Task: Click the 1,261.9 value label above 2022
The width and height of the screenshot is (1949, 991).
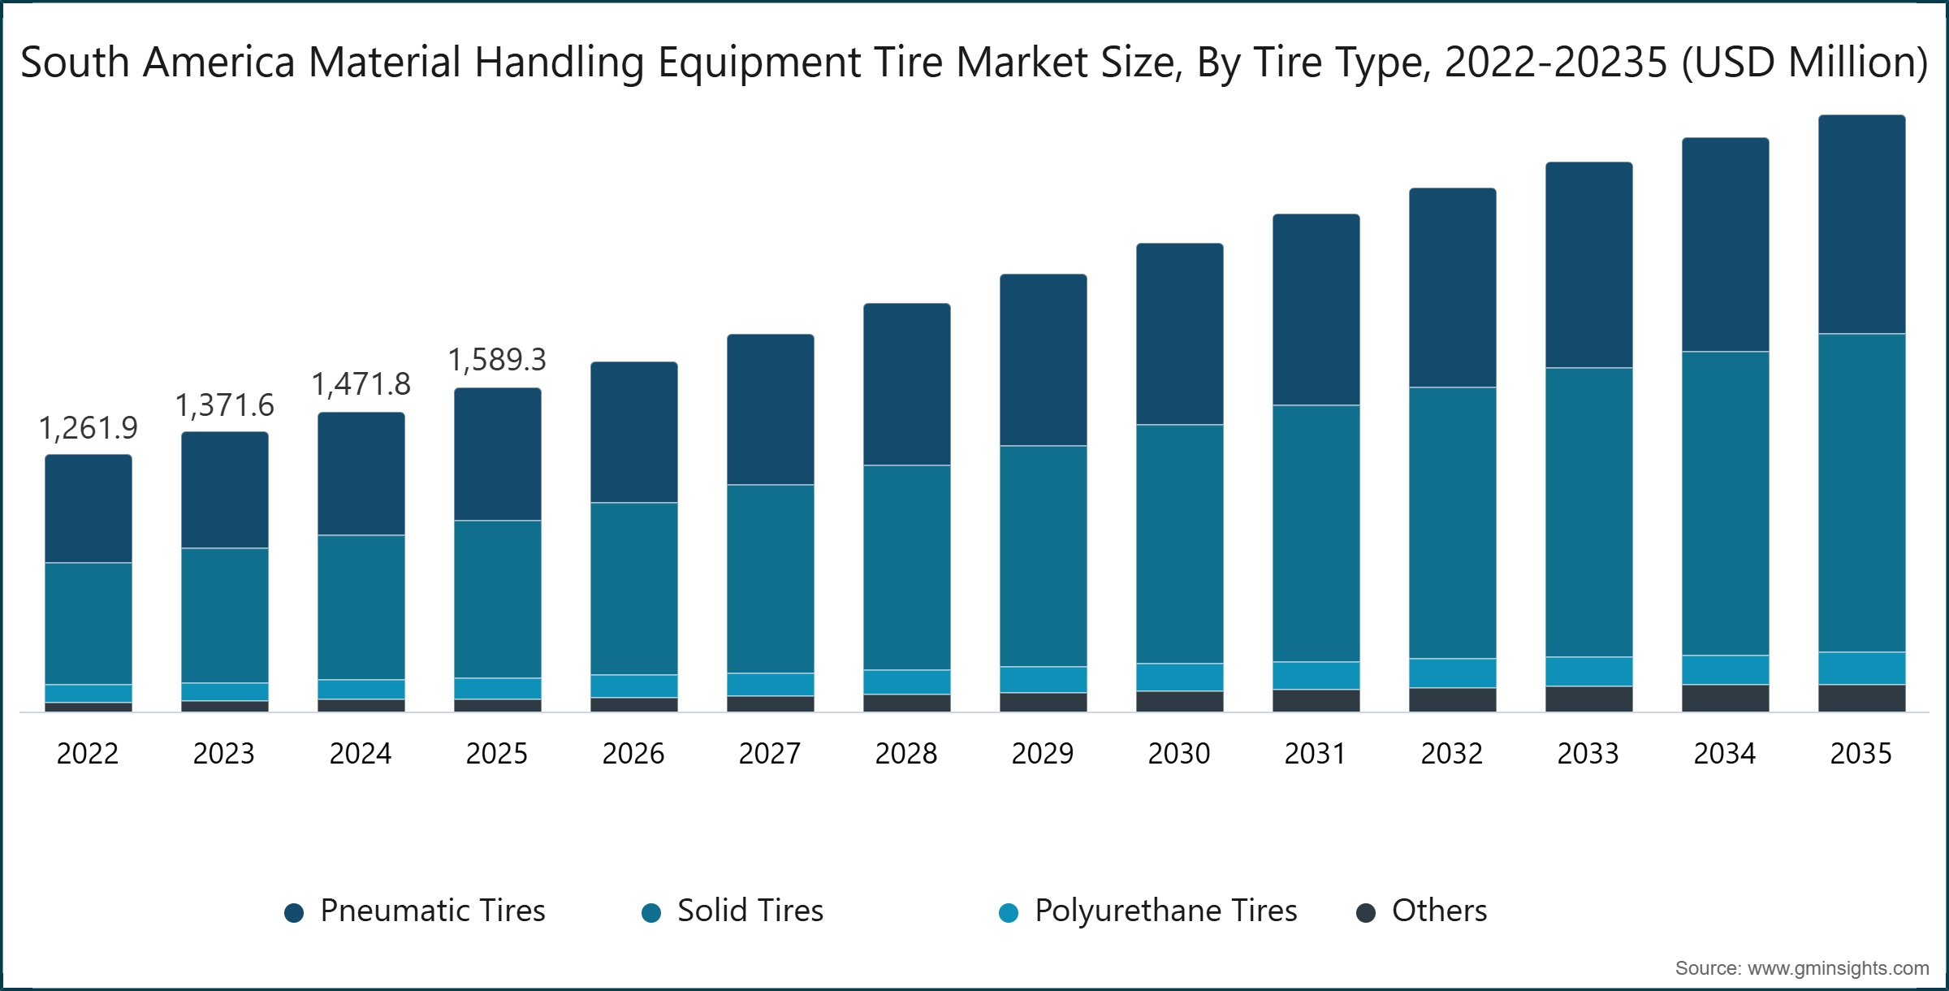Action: click(x=88, y=428)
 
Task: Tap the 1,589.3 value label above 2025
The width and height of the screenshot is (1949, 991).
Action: click(x=497, y=360)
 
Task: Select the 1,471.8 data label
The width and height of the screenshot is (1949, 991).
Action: click(x=361, y=384)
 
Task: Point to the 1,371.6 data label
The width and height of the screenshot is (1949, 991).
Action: click(x=224, y=405)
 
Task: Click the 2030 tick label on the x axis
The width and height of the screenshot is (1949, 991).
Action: click(x=1179, y=754)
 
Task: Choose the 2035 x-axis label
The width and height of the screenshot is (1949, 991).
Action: click(x=1861, y=754)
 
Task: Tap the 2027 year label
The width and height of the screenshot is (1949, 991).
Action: click(x=770, y=754)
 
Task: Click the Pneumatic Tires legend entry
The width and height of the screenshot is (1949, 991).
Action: click(x=432, y=911)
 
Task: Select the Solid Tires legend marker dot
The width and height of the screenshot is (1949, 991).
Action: click(x=651, y=913)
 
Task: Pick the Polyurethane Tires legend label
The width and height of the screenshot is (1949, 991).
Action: click(x=1165, y=911)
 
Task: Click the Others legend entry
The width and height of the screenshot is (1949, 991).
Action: click(x=1439, y=911)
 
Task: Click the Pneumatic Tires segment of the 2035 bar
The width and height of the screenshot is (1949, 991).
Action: click(x=1861, y=224)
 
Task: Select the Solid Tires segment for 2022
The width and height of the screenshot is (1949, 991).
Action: click(x=88, y=623)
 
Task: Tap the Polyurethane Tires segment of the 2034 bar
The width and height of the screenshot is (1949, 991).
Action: click(x=1725, y=669)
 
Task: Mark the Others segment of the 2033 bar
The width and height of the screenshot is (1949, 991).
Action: click(x=1588, y=699)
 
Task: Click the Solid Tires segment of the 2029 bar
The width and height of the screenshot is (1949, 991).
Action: click(x=1043, y=556)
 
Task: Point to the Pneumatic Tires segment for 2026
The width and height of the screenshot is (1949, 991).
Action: click(x=633, y=432)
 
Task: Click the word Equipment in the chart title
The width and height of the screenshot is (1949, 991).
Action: click(x=759, y=63)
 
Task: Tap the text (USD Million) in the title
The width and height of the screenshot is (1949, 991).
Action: click(x=1804, y=63)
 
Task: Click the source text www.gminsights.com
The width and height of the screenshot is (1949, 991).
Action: click(x=1838, y=968)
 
